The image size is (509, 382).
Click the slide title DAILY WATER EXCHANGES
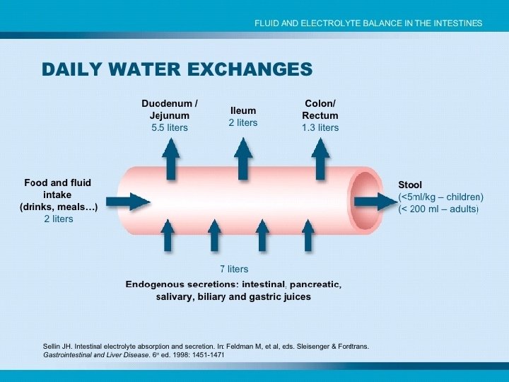pos(177,69)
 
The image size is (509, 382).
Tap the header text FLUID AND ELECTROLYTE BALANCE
pos(368,23)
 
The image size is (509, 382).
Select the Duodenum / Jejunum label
pos(170,110)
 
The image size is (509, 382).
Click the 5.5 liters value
pos(170,128)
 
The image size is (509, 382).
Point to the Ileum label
pos(242,110)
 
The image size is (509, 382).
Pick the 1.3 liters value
pos(320,128)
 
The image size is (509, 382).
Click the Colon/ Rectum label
pos(320,110)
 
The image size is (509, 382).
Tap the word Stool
pos(410,185)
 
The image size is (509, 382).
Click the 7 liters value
pos(233,269)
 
